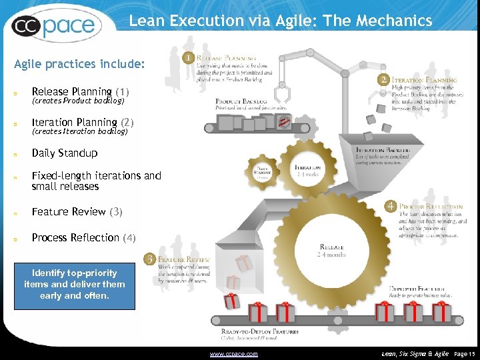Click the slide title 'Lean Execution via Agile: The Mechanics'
[280, 21]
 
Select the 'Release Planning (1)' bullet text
[81, 91]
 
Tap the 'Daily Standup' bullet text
[65, 153]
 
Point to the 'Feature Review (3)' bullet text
[77, 211]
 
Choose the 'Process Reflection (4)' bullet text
[84, 237]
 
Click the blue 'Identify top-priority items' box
[75, 284]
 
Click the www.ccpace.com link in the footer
[233, 353]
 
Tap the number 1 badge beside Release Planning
[189, 58]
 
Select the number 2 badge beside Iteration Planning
[383, 79]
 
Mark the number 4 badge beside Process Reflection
[391, 207]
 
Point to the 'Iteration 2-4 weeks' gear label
[308, 171]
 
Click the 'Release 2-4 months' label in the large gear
[331, 250]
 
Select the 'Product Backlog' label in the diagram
[241, 101]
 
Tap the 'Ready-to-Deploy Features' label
[259, 331]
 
